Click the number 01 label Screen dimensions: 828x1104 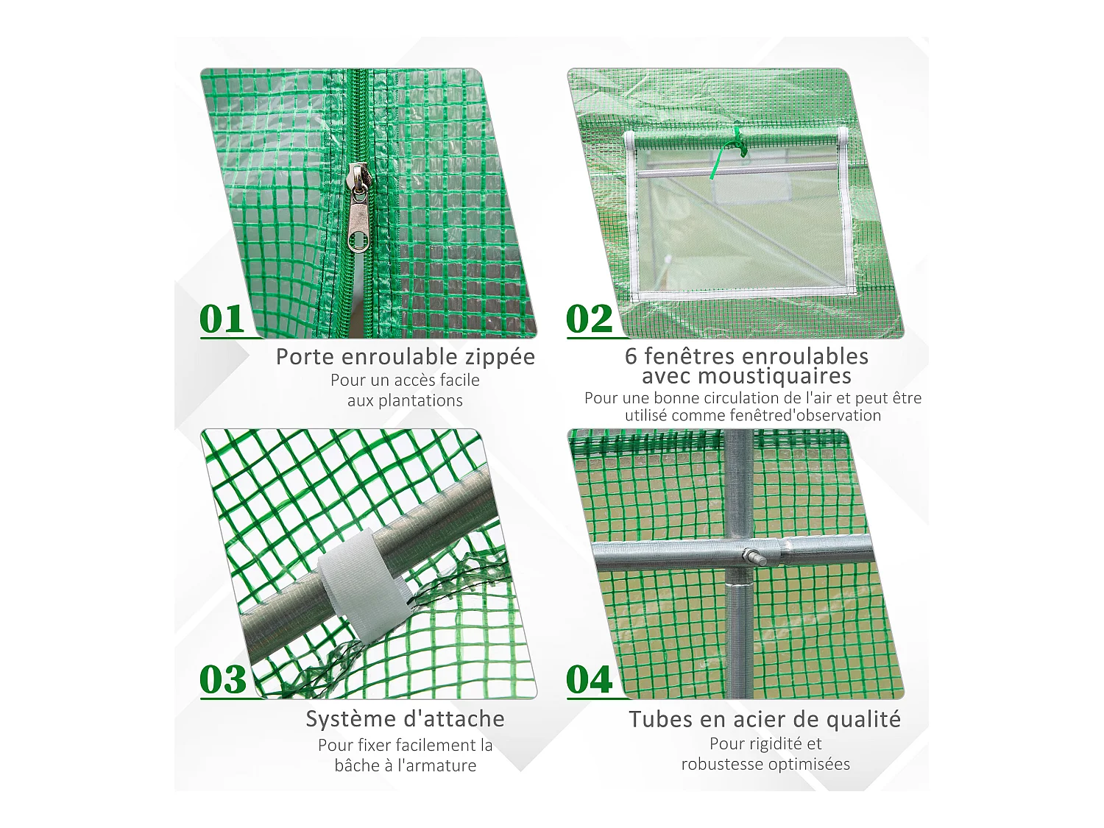pos(222,319)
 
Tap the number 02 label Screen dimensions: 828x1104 pos(589,319)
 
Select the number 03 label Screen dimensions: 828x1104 pos(222,679)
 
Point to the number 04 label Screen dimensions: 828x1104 pos(589,679)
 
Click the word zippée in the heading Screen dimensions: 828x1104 pos(500,357)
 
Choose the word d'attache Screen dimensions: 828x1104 pos(456,719)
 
